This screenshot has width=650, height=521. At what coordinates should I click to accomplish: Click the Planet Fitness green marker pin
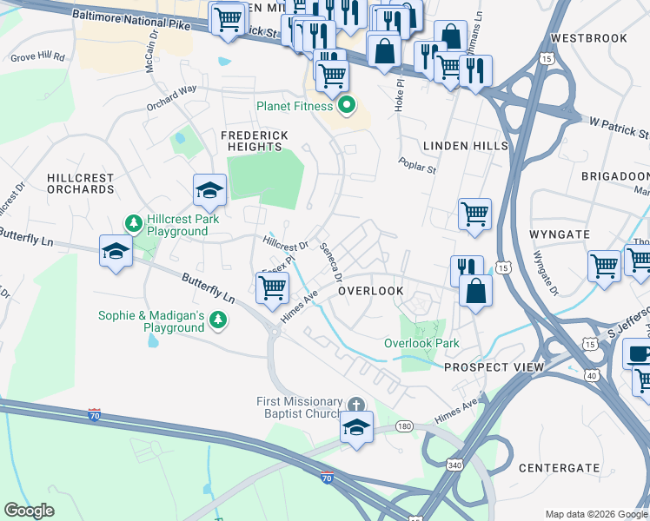pos(347,107)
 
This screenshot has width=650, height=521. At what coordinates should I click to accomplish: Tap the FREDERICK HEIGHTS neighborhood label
pos(253,142)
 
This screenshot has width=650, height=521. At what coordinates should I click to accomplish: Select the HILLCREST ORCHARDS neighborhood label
pos(80,183)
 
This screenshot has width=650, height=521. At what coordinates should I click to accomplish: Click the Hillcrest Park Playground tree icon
pos(134,223)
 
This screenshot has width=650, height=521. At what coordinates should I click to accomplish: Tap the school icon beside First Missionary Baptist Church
pos(356,428)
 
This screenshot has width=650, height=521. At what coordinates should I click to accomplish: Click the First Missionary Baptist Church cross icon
pos(356,406)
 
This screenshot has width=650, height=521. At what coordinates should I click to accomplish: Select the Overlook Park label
pos(421,343)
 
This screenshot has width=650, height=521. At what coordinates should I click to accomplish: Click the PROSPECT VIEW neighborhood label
pos(494,367)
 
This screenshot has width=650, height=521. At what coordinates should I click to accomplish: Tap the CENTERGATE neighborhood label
pos(559,468)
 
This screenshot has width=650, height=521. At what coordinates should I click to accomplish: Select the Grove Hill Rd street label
pos(37,57)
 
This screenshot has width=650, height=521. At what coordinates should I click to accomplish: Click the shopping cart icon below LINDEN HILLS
pos(474,214)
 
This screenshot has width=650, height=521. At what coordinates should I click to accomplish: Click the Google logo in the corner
pos(30,511)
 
